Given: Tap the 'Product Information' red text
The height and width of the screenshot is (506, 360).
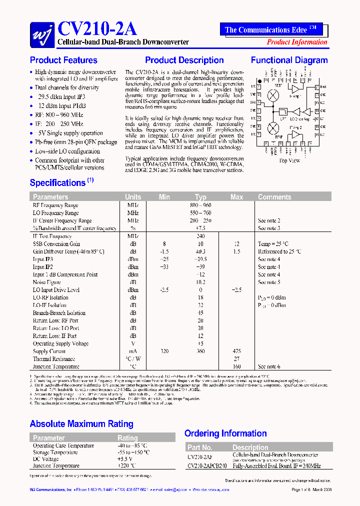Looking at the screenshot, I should tap(296, 42).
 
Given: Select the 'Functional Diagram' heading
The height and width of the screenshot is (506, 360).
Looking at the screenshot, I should tap(289, 60).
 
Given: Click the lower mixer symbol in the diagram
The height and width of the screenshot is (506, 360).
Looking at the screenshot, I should tap(273, 127).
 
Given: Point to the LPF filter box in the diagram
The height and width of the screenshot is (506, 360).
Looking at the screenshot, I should tap(283, 111).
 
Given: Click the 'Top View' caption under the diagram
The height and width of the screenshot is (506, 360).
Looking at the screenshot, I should tap(289, 160).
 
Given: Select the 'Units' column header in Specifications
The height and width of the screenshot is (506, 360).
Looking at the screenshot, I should tap(133, 197).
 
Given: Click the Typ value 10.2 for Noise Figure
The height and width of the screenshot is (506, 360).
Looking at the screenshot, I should tap(200, 282).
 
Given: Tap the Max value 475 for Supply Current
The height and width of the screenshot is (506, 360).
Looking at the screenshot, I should tap(236, 351).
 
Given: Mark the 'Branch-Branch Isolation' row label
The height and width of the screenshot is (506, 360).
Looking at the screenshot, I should tap(59, 313).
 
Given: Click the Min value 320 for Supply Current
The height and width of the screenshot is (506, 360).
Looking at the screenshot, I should tap(164, 351).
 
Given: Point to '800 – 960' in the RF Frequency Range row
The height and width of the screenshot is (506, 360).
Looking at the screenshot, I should tap(200, 205).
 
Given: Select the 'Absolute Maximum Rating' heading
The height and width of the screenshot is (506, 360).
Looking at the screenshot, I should tap(81, 424).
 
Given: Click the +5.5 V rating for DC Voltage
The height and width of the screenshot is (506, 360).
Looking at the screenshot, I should tap(124, 459).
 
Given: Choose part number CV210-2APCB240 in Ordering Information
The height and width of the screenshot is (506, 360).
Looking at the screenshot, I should tap(207, 466).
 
